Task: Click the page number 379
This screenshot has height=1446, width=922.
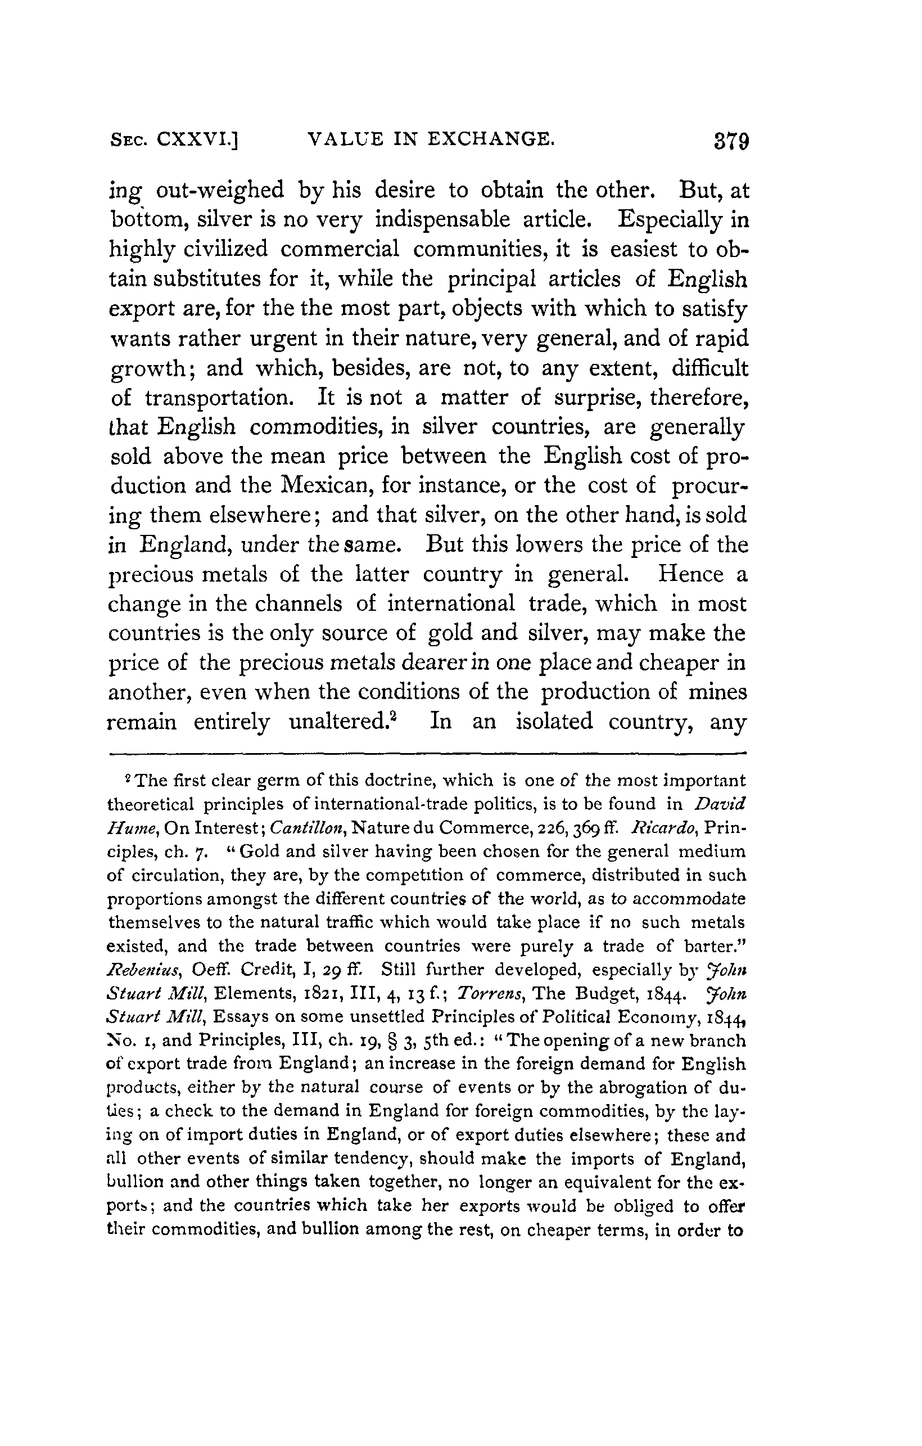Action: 732,143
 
